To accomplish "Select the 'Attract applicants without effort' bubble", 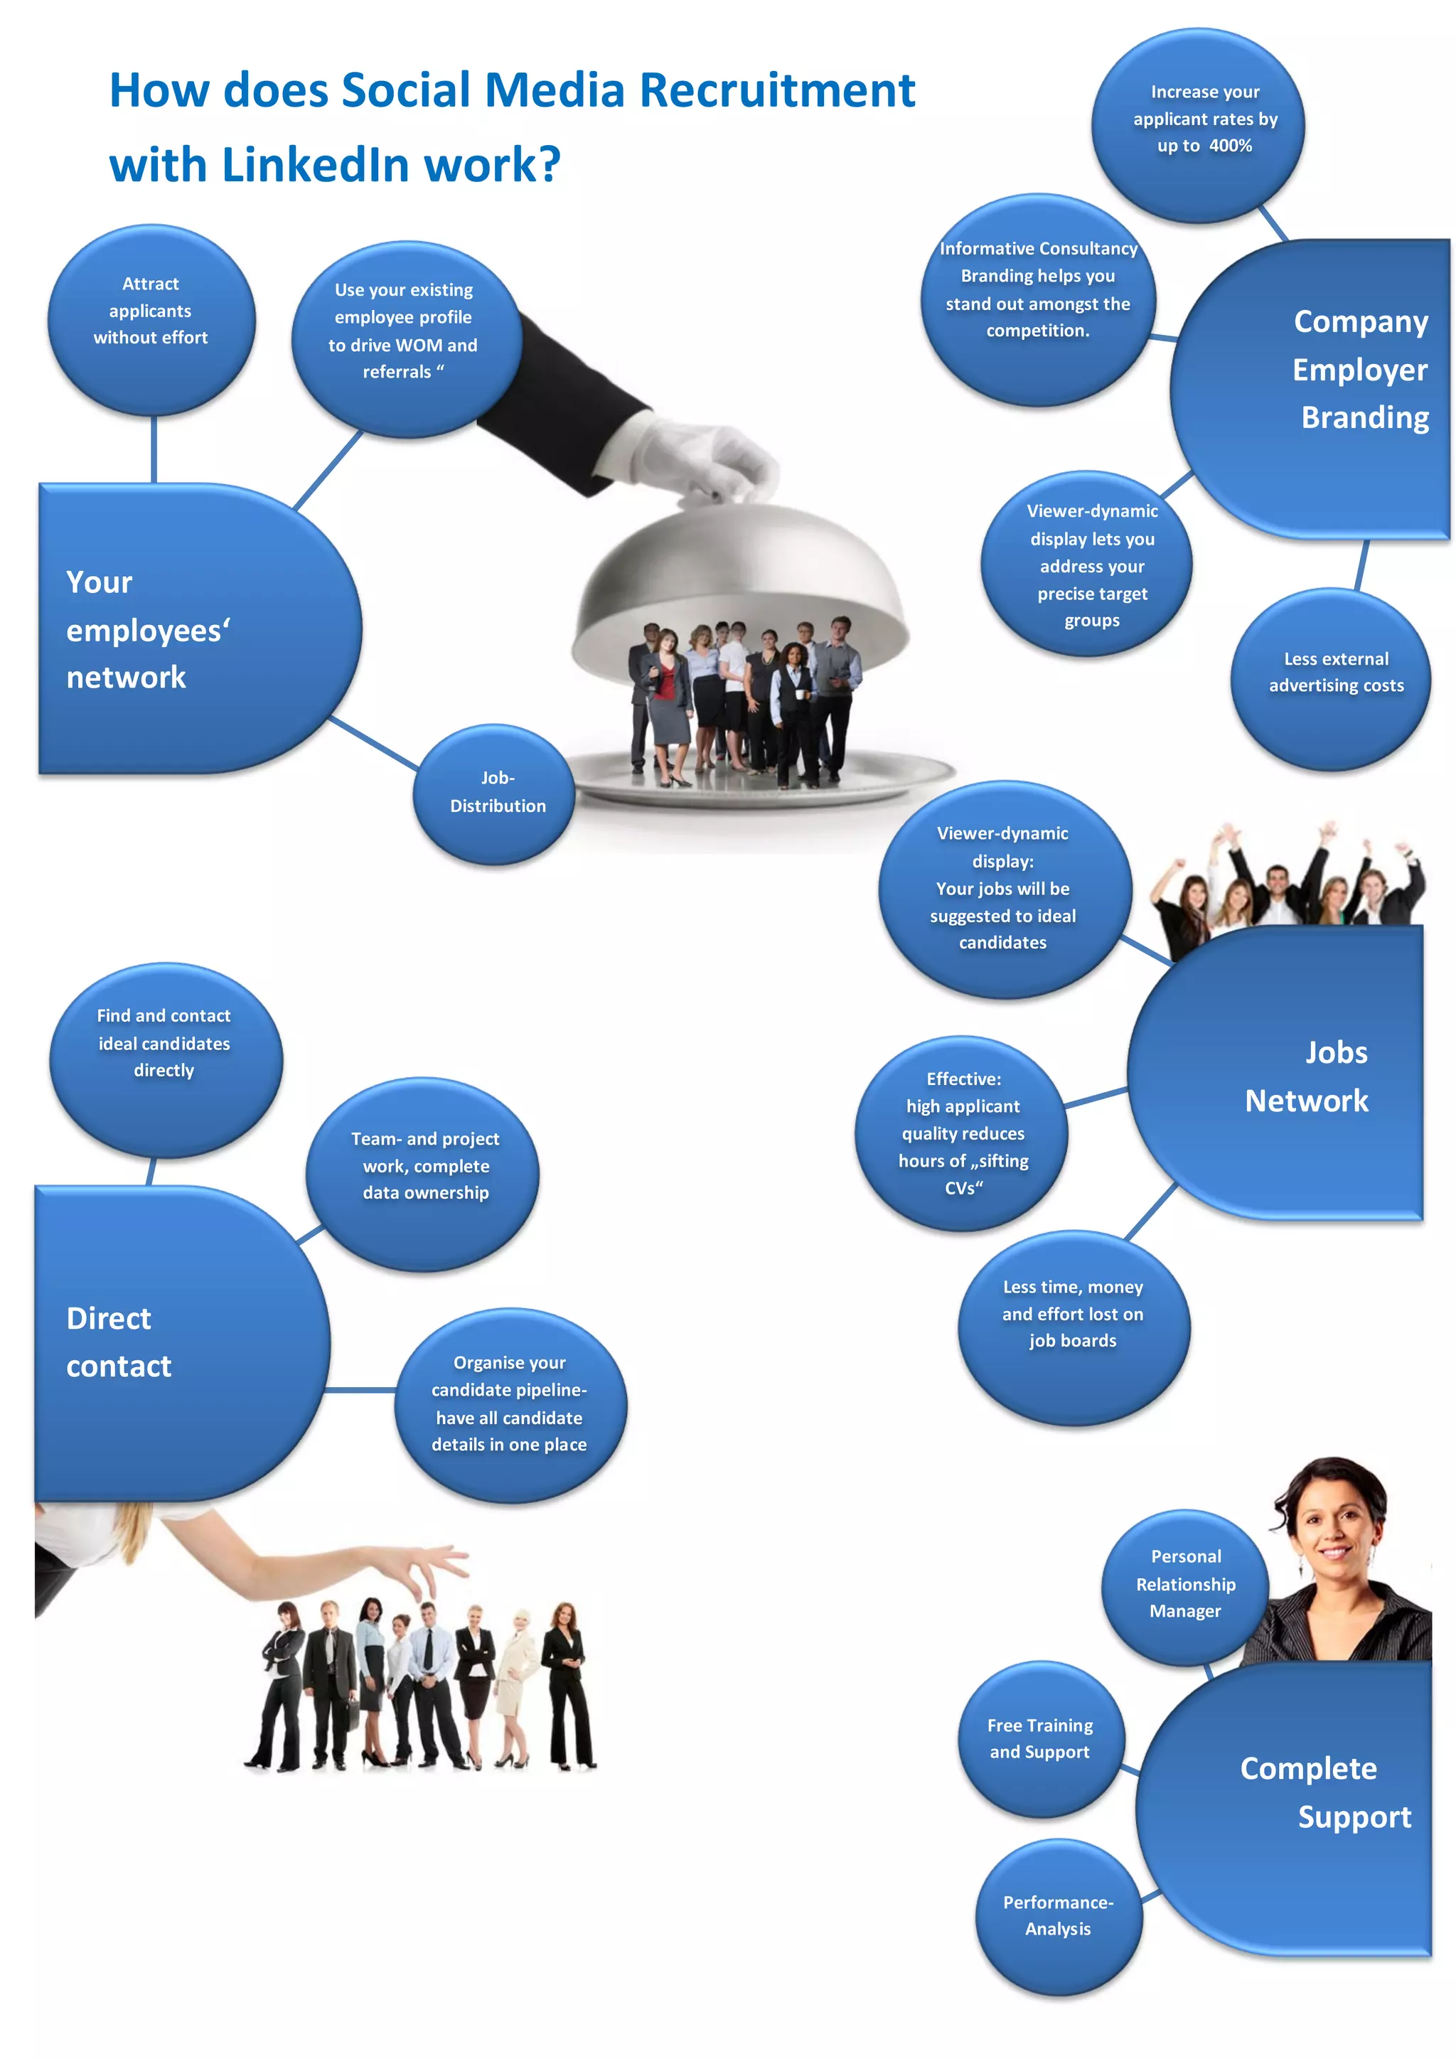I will tap(151, 319).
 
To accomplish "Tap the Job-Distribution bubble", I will tap(495, 793).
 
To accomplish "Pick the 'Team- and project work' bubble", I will tap(423, 1171).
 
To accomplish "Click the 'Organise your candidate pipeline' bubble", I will tap(509, 1404).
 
